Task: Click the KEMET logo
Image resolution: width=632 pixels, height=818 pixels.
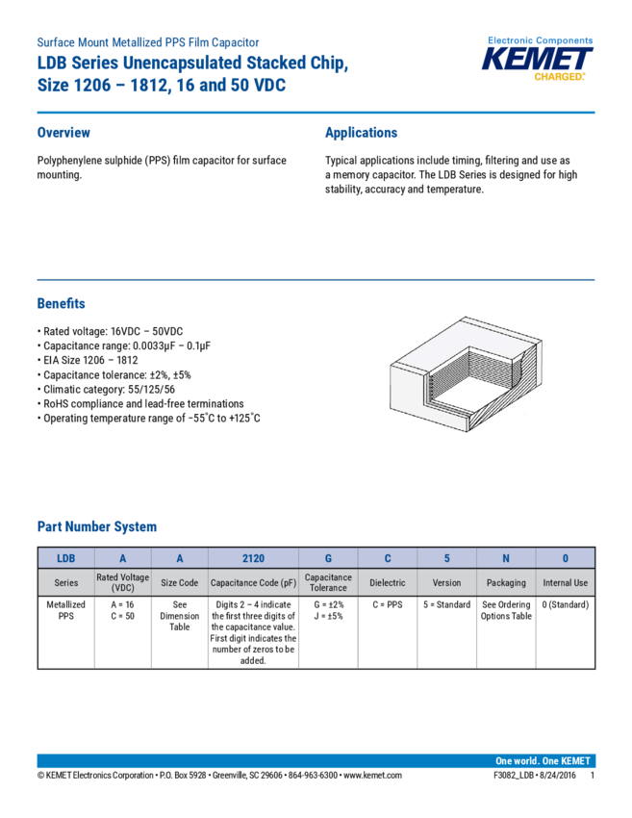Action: tap(539, 59)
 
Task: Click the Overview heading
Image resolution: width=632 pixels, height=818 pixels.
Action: tap(63, 133)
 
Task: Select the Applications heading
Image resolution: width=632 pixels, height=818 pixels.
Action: tap(361, 133)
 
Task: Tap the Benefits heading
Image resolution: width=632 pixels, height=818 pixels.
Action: tap(61, 303)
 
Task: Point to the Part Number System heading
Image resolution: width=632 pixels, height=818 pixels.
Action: tap(97, 527)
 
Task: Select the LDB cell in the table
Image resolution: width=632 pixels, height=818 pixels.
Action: tap(66, 557)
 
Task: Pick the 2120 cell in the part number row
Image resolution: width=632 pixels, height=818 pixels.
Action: tap(253, 557)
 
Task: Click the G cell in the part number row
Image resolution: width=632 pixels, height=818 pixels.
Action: tap(328, 557)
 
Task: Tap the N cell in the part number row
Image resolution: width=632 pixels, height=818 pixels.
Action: tap(506, 557)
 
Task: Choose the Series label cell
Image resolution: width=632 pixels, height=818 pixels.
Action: tap(66, 582)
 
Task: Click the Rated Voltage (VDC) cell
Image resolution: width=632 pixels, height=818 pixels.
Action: tap(123, 582)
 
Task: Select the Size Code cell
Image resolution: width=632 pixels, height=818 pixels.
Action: tap(179, 582)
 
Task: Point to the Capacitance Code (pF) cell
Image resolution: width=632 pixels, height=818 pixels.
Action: tap(253, 582)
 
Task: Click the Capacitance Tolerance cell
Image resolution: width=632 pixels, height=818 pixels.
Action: tap(328, 582)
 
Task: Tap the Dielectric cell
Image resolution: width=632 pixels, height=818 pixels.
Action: tap(388, 582)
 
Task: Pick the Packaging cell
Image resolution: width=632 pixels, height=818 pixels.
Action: tap(506, 582)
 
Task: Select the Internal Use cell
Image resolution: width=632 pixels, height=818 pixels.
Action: tap(565, 582)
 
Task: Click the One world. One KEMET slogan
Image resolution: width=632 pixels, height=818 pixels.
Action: tap(544, 760)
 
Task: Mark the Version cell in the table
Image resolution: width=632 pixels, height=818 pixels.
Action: tap(446, 582)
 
